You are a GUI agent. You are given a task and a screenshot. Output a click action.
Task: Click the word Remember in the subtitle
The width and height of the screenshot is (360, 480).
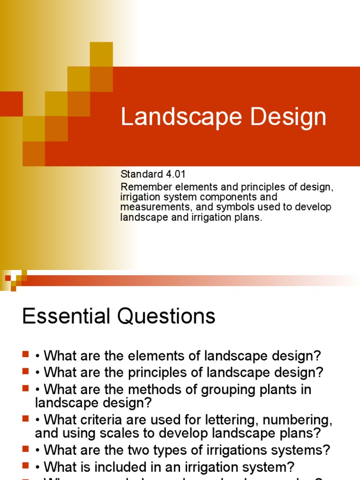click(x=142, y=187)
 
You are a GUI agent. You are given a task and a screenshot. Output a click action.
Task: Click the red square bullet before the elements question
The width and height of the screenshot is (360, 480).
click(x=25, y=355)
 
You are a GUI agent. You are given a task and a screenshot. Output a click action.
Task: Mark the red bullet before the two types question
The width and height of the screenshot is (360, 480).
click(x=25, y=450)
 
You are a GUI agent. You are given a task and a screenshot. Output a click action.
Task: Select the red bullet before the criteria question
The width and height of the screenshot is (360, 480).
click(x=25, y=419)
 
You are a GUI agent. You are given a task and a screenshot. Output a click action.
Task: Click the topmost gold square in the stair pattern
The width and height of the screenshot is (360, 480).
click(x=101, y=53)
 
